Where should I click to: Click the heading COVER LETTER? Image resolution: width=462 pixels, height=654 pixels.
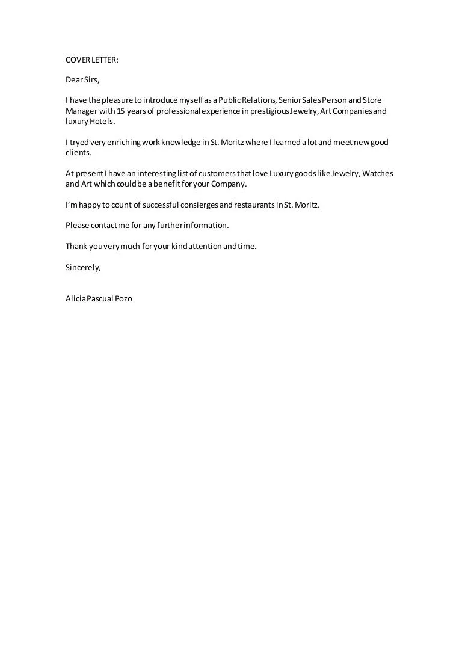tap(92, 60)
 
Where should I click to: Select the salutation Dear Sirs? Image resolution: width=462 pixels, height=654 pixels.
tap(82, 79)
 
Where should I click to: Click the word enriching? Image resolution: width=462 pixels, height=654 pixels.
tap(119, 143)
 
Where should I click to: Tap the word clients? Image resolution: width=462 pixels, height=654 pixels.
tap(78, 152)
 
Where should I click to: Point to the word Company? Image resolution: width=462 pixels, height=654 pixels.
tap(228, 184)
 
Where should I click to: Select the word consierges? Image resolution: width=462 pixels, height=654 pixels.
tap(194, 205)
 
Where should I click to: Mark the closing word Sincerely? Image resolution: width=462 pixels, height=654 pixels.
tap(83, 268)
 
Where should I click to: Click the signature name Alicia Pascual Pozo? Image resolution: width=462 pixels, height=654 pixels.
tap(99, 298)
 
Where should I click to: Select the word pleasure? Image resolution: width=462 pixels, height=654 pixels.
tap(117, 100)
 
